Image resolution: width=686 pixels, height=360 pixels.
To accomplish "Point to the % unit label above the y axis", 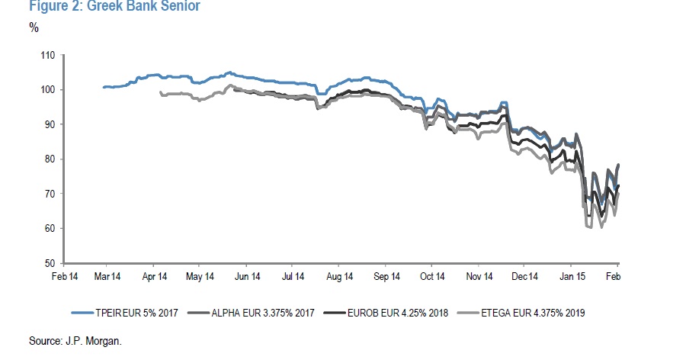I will coord(34,28).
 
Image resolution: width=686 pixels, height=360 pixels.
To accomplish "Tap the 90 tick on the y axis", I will coord(50,124).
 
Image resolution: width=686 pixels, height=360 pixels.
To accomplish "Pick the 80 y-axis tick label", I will coord(50,159).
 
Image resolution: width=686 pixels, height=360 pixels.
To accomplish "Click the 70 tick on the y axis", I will coord(50,194).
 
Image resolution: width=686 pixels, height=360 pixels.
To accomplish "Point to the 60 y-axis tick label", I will coord(50,229).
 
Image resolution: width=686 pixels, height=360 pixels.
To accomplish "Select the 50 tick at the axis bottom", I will coord(50,263).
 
